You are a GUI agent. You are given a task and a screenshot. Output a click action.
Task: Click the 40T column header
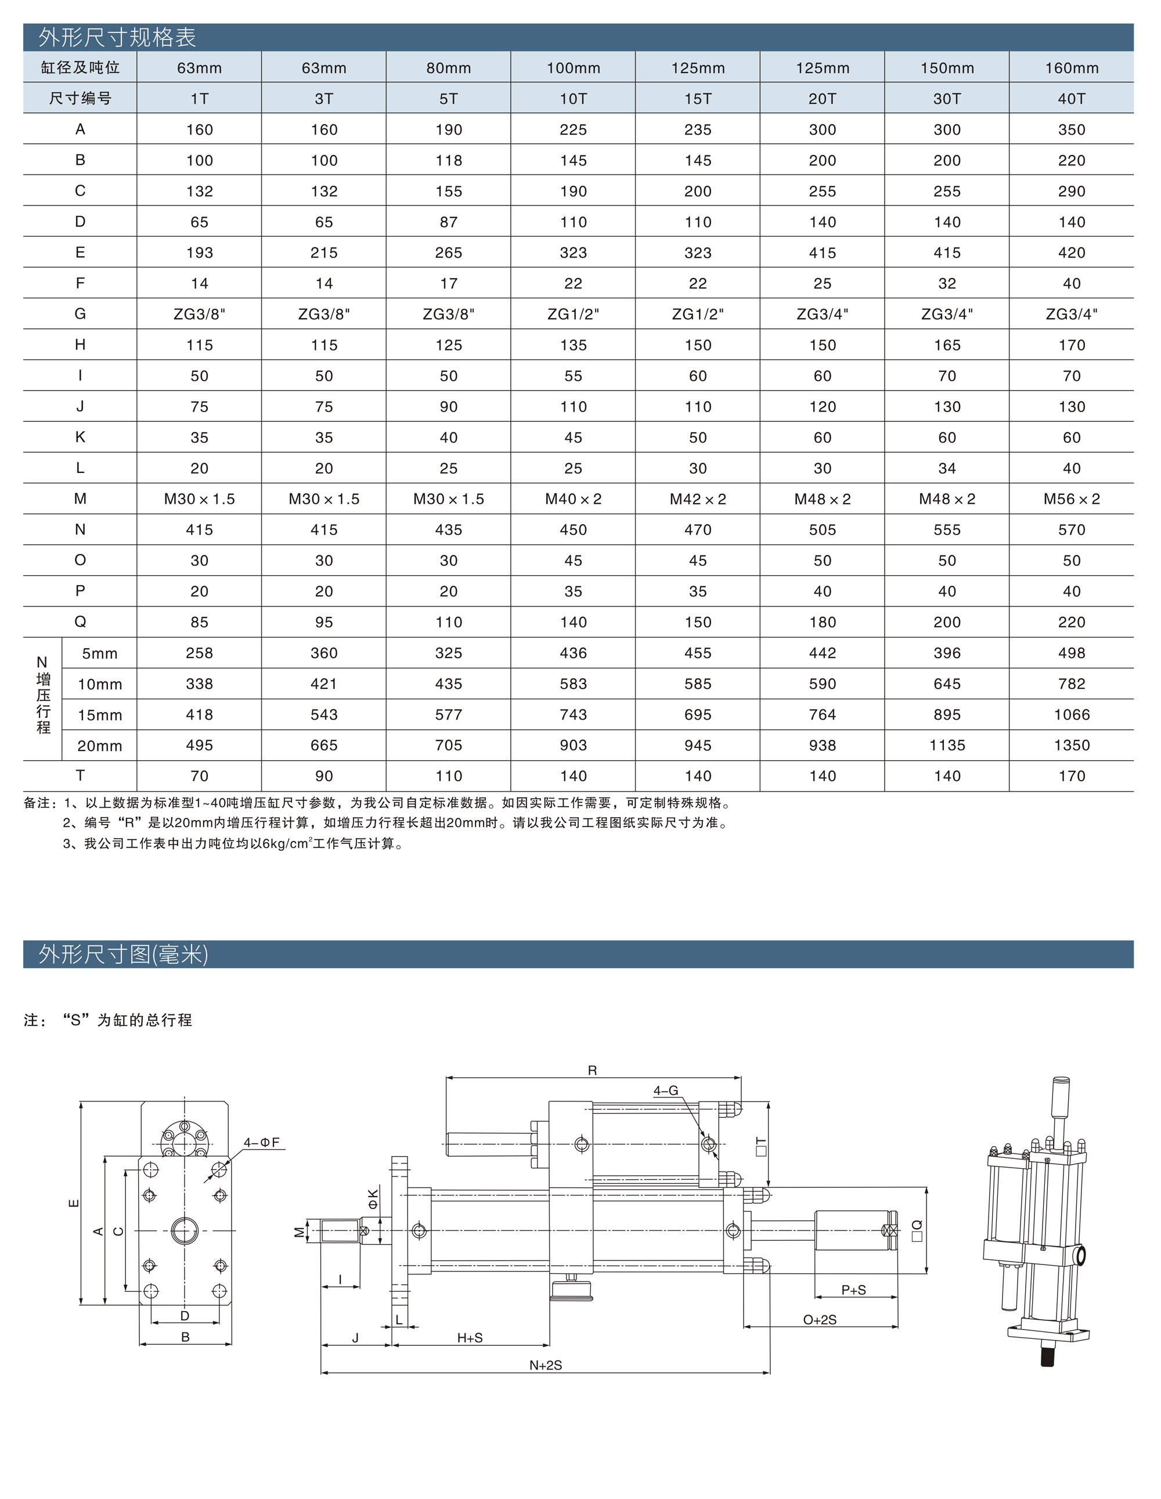click(x=1071, y=98)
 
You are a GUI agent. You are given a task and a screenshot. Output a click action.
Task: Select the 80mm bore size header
click(x=448, y=68)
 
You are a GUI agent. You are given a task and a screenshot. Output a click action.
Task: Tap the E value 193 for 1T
click(x=199, y=252)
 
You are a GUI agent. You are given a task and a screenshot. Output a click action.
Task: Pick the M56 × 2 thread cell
click(x=1071, y=499)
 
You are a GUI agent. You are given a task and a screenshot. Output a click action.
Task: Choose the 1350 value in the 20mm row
click(x=1071, y=745)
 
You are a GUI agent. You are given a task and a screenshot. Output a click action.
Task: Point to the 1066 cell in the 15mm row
click(x=1071, y=714)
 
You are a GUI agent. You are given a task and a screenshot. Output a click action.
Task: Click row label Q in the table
click(x=80, y=622)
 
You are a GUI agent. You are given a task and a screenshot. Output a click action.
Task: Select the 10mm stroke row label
click(x=99, y=684)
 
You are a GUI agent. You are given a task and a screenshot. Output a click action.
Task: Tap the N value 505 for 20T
click(x=822, y=530)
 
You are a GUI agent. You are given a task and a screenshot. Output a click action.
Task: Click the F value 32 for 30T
click(x=947, y=283)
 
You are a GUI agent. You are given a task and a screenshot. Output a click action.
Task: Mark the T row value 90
click(x=323, y=776)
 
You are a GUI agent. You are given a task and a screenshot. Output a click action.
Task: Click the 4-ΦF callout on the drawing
click(x=262, y=1142)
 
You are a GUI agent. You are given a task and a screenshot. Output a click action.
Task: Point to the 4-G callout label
click(x=665, y=1090)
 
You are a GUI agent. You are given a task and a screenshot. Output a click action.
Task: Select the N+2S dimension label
click(x=545, y=1365)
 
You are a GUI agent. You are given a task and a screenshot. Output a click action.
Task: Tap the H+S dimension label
click(x=470, y=1338)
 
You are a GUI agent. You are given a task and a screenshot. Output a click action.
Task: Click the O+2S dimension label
click(x=820, y=1319)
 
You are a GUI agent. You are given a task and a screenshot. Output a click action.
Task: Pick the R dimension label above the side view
click(x=592, y=1070)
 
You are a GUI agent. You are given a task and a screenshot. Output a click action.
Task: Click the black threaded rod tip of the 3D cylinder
click(x=1047, y=1357)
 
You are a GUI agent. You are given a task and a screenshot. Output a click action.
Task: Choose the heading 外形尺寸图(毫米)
click(x=123, y=954)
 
